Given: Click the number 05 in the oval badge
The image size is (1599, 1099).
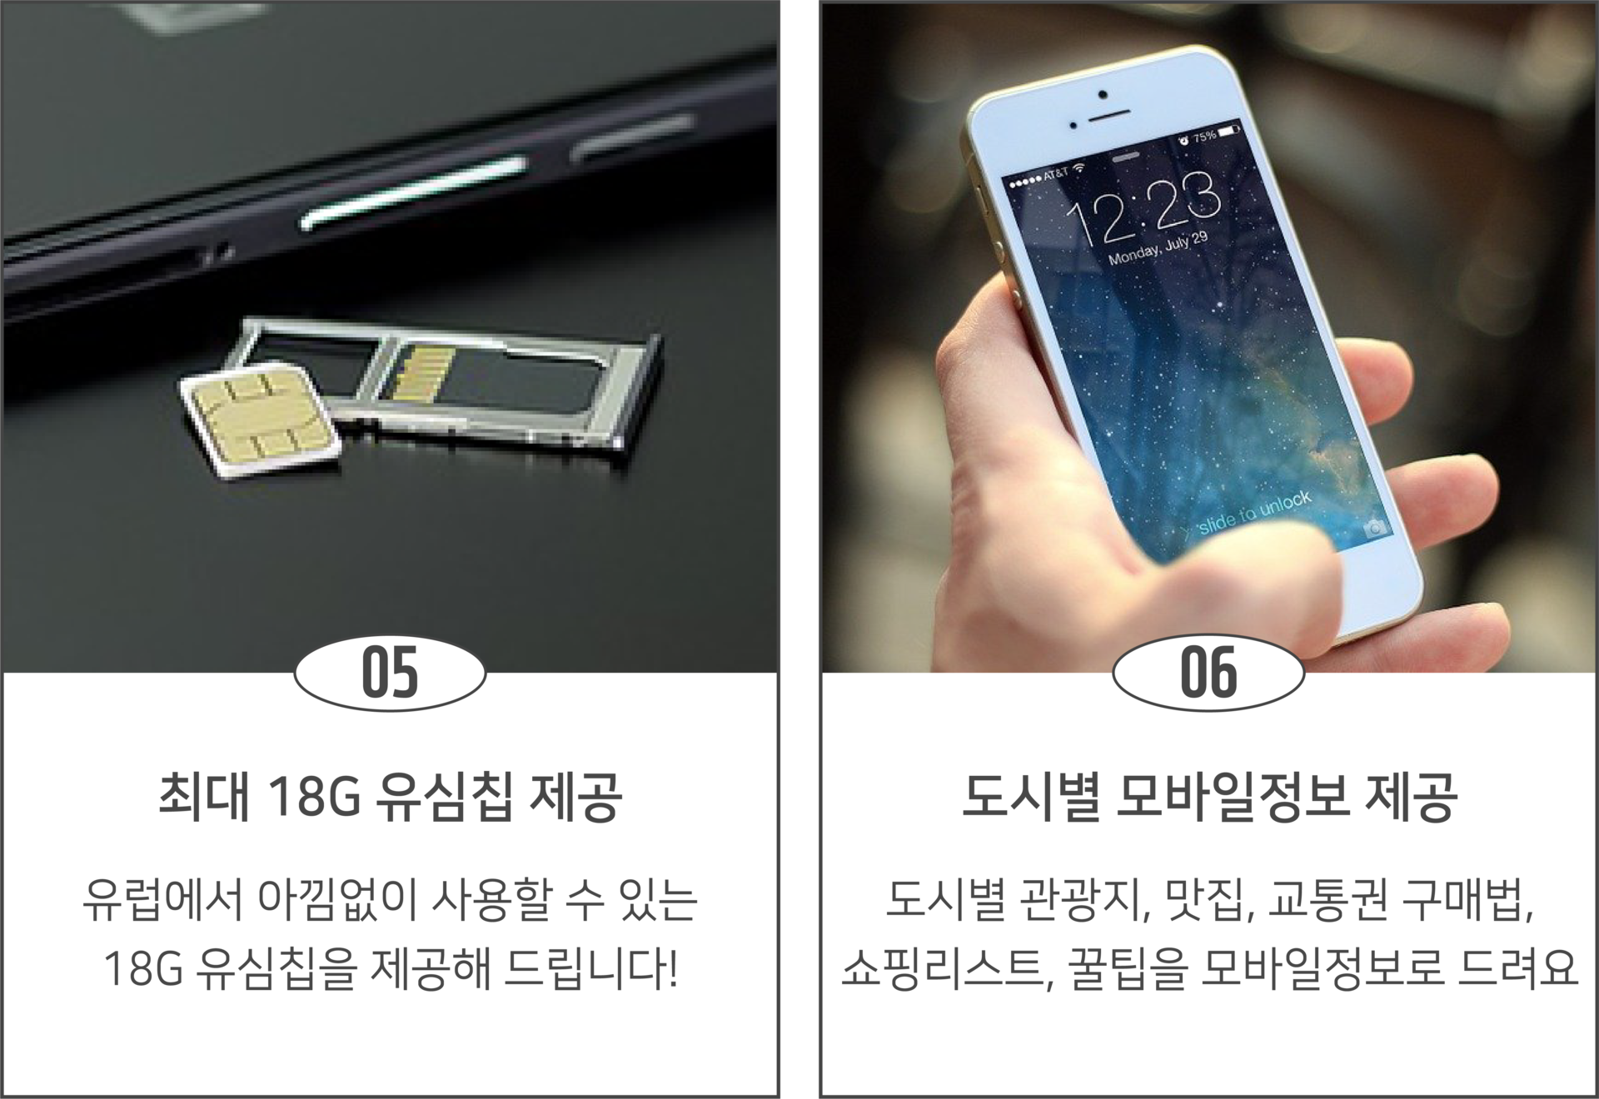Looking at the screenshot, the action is pyautogui.click(x=390, y=673).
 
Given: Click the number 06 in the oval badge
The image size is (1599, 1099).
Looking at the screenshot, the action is pyautogui.click(x=1208, y=673).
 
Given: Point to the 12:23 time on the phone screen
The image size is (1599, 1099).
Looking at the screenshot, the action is pyautogui.click(x=1145, y=208).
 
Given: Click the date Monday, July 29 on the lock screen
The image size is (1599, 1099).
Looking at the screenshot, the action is pyautogui.click(x=1158, y=248).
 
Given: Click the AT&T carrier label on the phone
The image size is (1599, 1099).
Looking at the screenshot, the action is pyautogui.click(x=1055, y=174).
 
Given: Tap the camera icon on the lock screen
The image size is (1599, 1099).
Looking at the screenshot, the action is pyautogui.click(x=1375, y=528).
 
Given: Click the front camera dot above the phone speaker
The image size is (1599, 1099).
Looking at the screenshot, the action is pyautogui.click(x=1103, y=94).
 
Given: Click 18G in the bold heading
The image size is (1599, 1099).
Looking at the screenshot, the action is pyautogui.click(x=314, y=797).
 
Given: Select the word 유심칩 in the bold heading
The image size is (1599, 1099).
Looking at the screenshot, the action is pyautogui.click(x=443, y=797).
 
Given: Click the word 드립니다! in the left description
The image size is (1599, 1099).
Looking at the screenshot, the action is pyautogui.click(x=590, y=968).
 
